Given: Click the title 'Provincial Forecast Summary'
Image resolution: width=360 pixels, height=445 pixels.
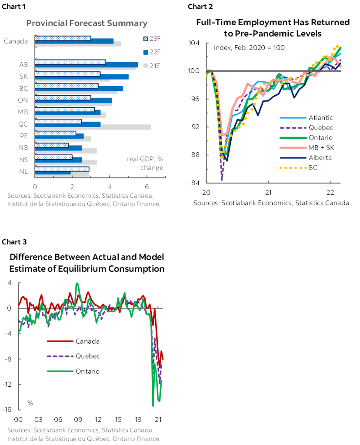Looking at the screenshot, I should tap(87, 23).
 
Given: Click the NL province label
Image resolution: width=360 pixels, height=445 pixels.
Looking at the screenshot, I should tap(23, 171).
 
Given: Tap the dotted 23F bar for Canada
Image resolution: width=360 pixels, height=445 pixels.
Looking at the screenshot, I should tap(63, 38).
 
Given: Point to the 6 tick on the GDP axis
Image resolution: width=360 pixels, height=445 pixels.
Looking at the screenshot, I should tap(147, 185).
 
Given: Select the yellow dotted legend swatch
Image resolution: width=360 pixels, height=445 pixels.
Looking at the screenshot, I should tap(293, 167).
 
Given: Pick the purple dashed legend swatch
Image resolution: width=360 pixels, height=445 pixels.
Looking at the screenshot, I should tap(293, 128).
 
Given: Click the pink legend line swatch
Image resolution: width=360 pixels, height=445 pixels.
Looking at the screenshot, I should tap(293, 148).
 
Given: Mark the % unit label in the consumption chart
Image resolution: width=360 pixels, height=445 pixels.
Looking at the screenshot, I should tap(30, 403).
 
